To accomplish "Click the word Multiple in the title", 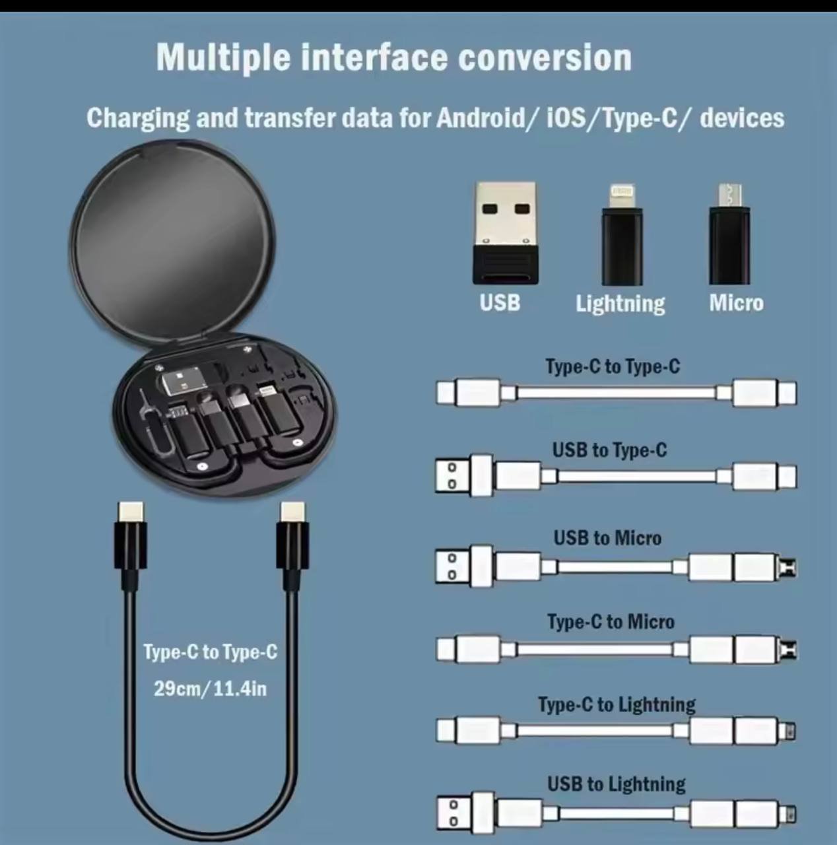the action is coord(223,58).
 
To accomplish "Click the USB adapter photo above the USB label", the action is coord(506,233).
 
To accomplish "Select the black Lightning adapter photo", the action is coord(622,235).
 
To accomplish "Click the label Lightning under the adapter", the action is coord(620,304).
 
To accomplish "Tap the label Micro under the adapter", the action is coord(737,302).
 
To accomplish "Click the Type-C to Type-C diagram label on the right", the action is coord(613,366).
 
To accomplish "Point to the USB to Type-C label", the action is coord(609,450).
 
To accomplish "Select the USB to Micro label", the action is coord(607,538).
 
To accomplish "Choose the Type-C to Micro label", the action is coord(611,622).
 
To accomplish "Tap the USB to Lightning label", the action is coord(617,785).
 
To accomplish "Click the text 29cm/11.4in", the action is coord(210,689).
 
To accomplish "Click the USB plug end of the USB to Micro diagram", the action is coord(453,566).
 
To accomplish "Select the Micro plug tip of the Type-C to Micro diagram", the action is coord(788,650).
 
